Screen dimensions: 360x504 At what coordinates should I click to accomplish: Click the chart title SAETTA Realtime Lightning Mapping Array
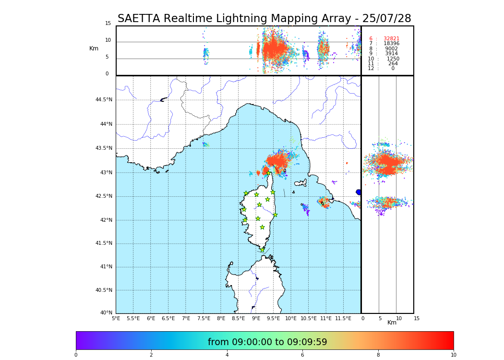[x=264, y=19]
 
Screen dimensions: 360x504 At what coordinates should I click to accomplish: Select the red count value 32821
[x=391, y=38]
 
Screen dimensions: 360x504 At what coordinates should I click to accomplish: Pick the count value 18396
[x=391, y=44]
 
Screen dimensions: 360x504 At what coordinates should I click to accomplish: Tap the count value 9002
[x=391, y=48]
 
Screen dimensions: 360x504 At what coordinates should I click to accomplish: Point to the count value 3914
[x=391, y=54]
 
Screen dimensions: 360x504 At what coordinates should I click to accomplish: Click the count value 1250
[x=393, y=59]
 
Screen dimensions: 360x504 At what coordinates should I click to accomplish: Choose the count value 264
[x=393, y=63]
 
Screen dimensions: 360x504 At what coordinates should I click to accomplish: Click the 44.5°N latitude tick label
[x=103, y=100]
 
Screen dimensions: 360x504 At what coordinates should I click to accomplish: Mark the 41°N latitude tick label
[x=106, y=267]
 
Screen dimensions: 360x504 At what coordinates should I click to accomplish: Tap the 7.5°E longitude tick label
[x=204, y=318]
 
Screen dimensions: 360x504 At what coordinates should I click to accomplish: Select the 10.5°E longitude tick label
[x=309, y=318]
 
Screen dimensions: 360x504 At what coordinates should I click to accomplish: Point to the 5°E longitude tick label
[x=116, y=318]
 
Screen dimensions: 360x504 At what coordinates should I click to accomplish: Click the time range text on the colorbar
[x=267, y=342]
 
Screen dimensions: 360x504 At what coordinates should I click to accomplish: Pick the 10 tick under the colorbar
[x=453, y=355]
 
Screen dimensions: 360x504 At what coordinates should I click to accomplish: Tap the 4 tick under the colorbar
[x=227, y=355]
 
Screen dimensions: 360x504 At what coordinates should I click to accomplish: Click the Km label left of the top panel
[x=94, y=48]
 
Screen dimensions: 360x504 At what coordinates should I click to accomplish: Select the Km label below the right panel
[x=392, y=323]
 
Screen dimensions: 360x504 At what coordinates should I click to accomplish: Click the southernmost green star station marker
[x=262, y=250]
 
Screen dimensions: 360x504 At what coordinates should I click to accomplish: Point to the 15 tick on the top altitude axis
[x=108, y=24]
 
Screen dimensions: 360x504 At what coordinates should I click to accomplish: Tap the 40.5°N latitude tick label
[x=103, y=290]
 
